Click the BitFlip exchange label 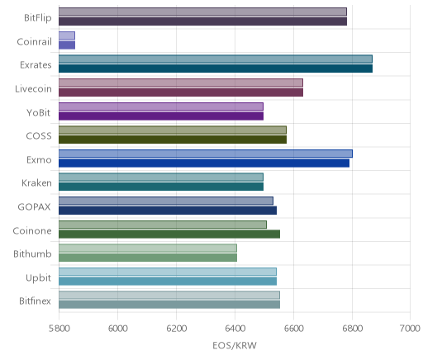pos(38,18)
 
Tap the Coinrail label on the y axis pos(34,41)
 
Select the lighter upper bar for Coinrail pos(67,36)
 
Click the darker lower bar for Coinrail pos(67,45)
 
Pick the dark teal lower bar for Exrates pos(216,69)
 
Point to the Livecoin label pos(33,89)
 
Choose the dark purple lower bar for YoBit pos(161,116)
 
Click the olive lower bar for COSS pos(173,140)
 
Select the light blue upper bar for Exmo pos(206,154)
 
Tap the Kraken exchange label pos(36,183)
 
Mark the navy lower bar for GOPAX pos(168,211)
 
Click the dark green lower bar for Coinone pos(169,234)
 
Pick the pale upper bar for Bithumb pos(148,248)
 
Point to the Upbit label pos(38,277)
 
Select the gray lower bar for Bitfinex pos(169,305)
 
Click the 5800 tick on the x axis pos(59,329)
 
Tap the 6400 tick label pos(235,329)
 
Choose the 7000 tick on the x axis pos(410,329)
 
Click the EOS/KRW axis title pos(235,345)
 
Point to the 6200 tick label pos(176,329)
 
